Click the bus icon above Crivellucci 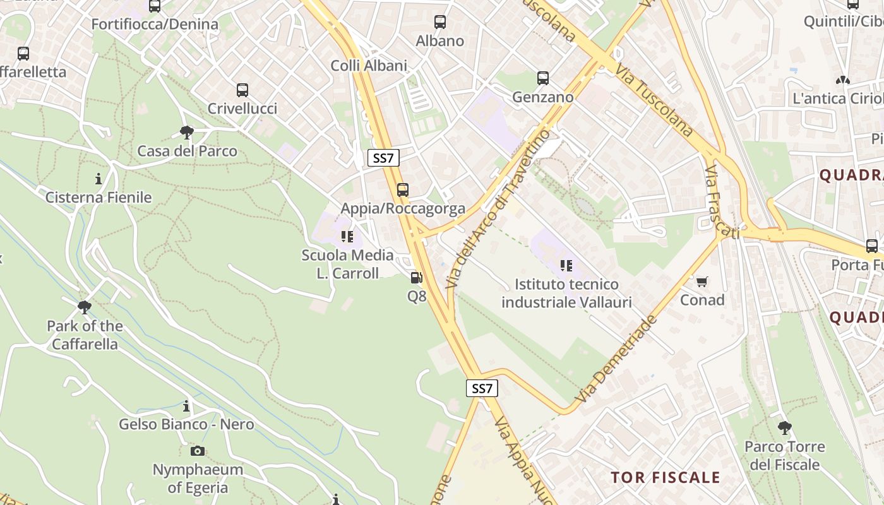[x=242, y=90]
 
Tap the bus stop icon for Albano [x=440, y=22]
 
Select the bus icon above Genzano [x=543, y=78]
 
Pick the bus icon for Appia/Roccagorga [x=402, y=189]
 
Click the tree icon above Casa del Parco [x=186, y=133]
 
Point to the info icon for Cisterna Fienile [x=99, y=179]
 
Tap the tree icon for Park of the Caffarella [x=85, y=307]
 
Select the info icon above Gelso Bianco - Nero [x=186, y=406]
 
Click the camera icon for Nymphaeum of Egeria [x=198, y=451]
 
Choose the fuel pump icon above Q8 [x=416, y=277]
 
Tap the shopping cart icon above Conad [x=702, y=281]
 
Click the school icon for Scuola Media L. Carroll [x=347, y=237]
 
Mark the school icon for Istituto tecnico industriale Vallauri [x=566, y=266]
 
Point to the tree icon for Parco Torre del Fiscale [x=784, y=428]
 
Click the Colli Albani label [x=369, y=66]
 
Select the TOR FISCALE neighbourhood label [x=666, y=477]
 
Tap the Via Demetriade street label [x=616, y=359]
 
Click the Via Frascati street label [x=722, y=203]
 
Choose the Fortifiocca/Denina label [x=155, y=25]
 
